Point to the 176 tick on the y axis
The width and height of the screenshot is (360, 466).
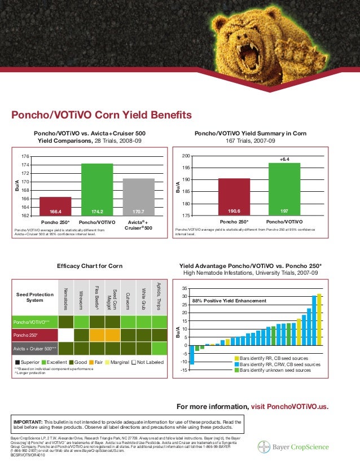26,156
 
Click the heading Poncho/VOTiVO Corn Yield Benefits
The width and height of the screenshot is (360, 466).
102,116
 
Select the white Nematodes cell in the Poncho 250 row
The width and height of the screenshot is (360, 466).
66,335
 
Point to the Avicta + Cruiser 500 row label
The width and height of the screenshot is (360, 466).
36,348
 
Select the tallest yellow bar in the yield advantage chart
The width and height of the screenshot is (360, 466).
319,319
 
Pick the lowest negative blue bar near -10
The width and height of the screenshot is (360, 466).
192,355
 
